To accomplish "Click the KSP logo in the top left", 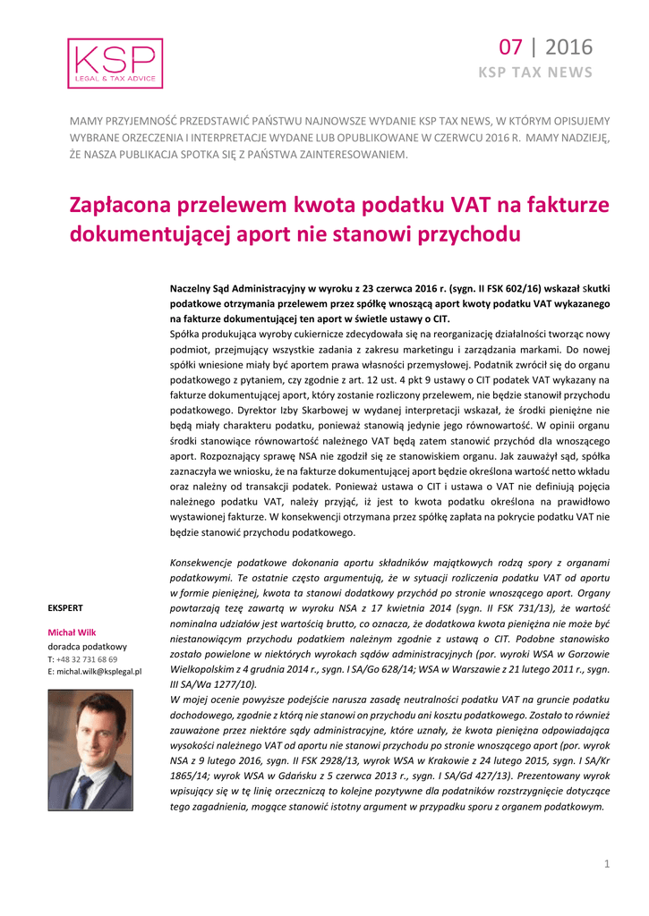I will tap(115, 64).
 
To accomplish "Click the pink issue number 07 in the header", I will tap(511, 47).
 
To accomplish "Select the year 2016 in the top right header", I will tap(568, 47).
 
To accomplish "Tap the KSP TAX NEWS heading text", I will tap(535, 72).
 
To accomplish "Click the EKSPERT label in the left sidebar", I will tap(65, 608).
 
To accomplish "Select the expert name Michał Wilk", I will tap(72, 632).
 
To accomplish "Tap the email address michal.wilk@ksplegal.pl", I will tap(99, 671).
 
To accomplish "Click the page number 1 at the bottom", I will tap(606, 863).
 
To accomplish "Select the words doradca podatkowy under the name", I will tap(88, 646).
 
